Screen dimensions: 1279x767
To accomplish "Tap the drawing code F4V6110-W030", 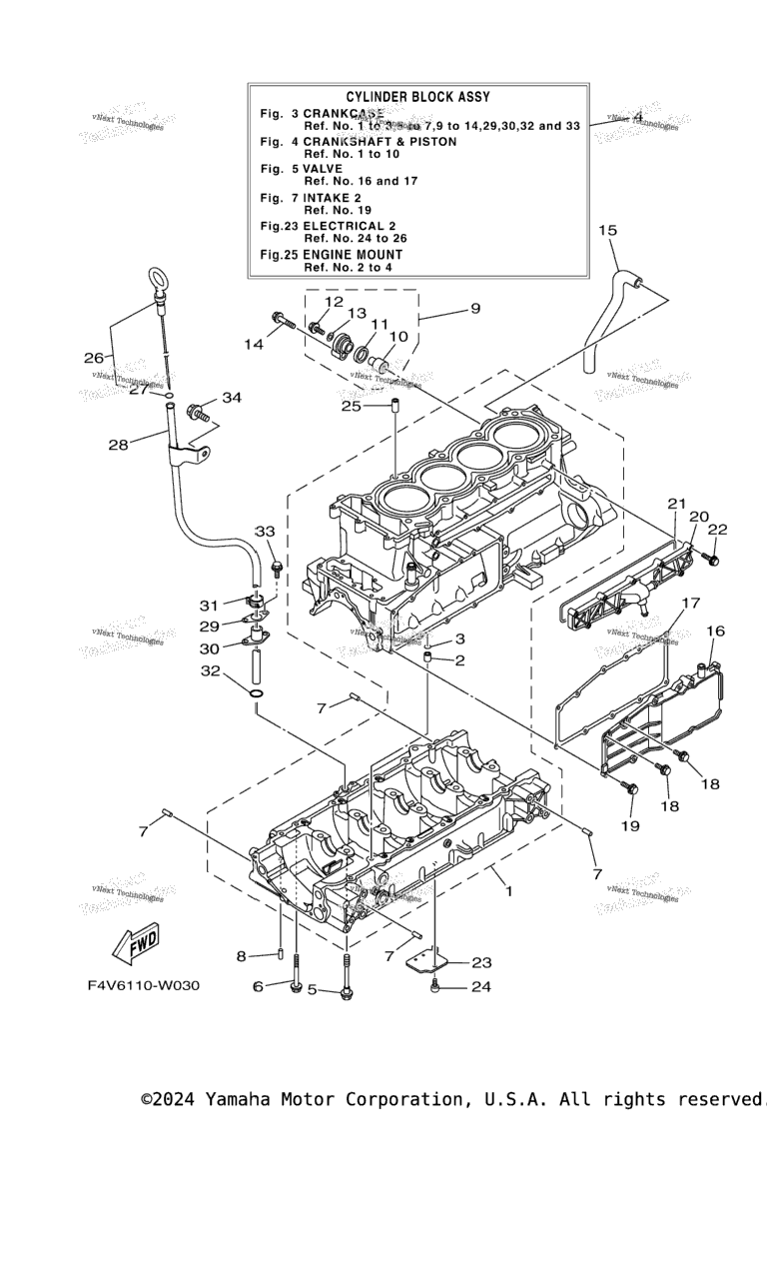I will point(143,985).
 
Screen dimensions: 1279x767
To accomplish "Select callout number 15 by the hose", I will point(607,231).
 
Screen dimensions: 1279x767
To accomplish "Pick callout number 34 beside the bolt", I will point(232,398).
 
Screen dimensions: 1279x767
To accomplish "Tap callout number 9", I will point(474,308).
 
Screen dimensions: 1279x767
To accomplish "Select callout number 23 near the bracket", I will point(482,963).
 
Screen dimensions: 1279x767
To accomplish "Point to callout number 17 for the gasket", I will point(691,603).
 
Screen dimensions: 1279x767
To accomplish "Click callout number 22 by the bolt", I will point(718,530).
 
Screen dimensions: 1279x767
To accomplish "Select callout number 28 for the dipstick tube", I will point(118,444).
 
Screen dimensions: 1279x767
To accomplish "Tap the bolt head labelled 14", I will point(276,320).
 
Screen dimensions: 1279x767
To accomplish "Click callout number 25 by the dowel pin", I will point(351,406).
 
